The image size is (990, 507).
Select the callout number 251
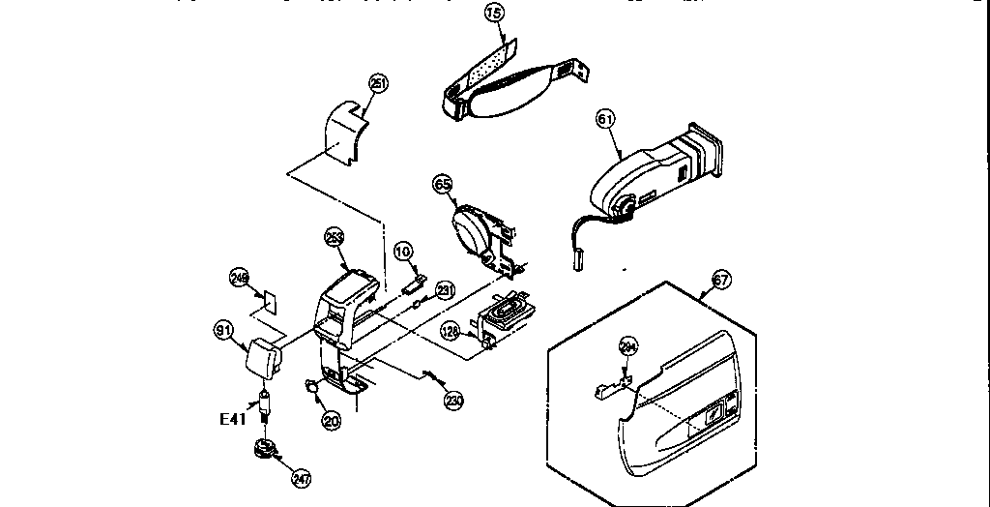(x=378, y=84)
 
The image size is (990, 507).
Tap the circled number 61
(x=605, y=119)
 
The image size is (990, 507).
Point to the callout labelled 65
(x=442, y=182)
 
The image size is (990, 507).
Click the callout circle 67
(x=720, y=281)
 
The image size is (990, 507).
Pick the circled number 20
(x=332, y=420)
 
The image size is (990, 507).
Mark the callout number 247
(x=302, y=478)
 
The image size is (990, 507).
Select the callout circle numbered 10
(x=403, y=252)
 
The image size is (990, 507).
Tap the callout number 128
(x=450, y=330)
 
